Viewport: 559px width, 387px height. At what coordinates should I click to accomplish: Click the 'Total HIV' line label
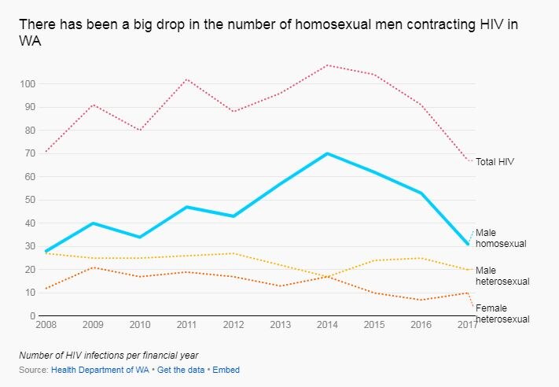(x=495, y=161)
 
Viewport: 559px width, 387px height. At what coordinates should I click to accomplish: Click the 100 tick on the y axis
(x=28, y=84)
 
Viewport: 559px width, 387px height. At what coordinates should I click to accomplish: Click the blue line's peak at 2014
(x=327, y=153)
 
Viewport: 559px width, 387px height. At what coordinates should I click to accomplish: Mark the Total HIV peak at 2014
(x=327, y=65)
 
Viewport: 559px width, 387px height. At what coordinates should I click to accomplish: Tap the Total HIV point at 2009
(x=94, y=105)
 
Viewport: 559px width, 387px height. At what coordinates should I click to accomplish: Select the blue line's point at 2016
(x=421, y=193)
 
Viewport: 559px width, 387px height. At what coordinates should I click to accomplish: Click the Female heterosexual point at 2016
(x=421, y=300)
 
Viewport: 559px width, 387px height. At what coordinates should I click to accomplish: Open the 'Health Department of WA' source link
(x=101, y=369)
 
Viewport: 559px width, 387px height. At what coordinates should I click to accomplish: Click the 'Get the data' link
(x=180, y=369)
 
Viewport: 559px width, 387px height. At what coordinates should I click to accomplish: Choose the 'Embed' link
(x=226, y=369)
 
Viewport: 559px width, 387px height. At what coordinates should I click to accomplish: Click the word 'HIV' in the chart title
(x=490, y=24)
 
